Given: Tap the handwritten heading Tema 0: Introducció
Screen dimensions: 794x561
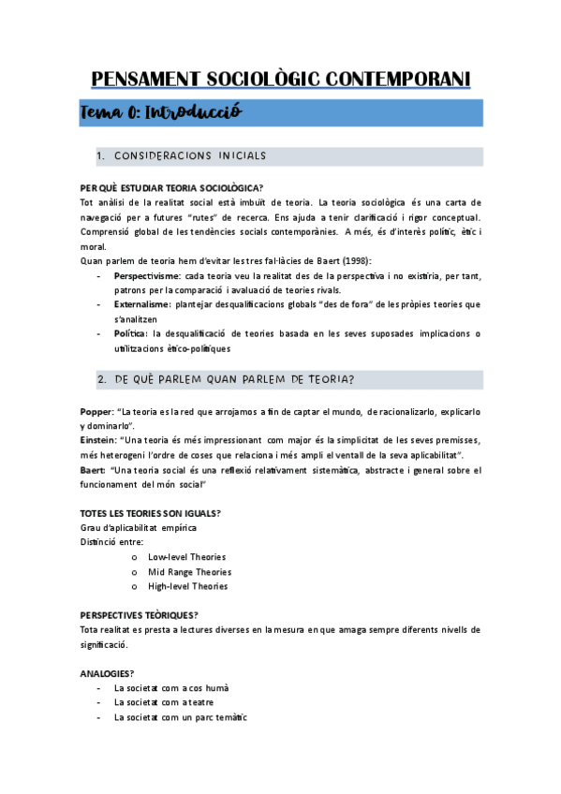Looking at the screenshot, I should pos(162,112).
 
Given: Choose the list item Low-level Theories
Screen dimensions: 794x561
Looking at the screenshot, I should pos(186,557).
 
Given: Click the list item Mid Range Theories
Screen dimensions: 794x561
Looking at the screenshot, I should pos(189,572).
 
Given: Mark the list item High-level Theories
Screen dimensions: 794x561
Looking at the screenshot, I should pos(187,586).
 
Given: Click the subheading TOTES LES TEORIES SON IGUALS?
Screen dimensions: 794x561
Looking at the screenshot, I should pos(151,513).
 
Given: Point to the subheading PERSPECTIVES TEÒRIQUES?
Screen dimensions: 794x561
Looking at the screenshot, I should pos(140,615).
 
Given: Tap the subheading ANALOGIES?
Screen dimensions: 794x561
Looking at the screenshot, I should pos(107,673).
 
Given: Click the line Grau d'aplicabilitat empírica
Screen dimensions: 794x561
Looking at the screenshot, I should pos(139,527).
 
